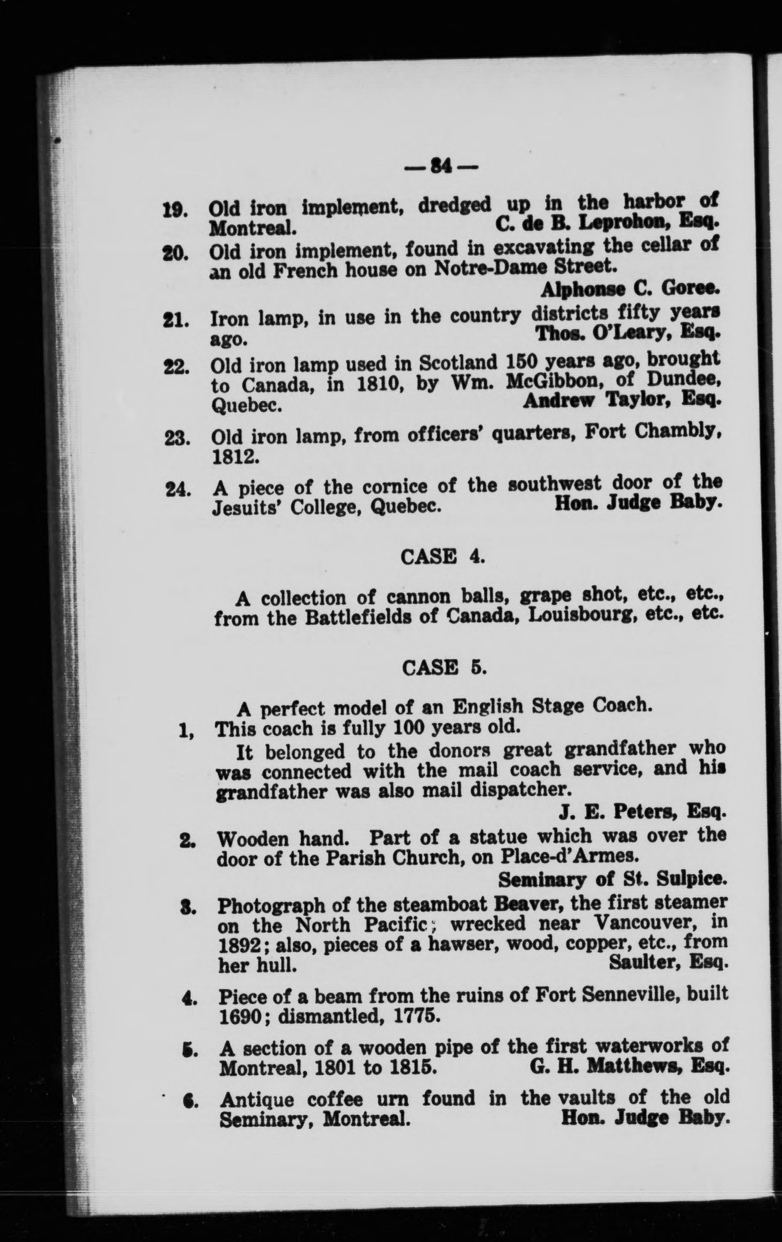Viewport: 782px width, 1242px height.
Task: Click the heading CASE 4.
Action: click(442, 557)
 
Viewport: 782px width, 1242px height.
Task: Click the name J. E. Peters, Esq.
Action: click(642, 813)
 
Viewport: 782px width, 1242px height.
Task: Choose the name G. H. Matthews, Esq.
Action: click(629, 1064)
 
